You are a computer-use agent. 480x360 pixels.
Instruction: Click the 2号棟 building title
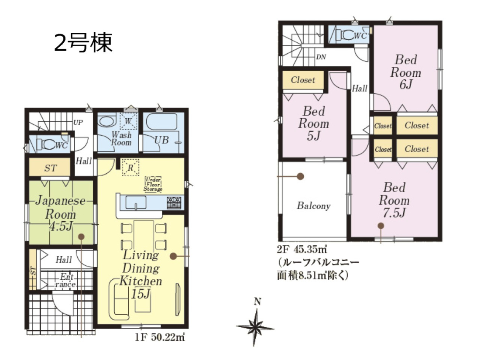83,43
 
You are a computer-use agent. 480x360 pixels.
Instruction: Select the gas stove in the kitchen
174,203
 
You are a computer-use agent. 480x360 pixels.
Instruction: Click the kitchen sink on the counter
136,202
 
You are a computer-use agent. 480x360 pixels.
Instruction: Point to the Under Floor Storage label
153,184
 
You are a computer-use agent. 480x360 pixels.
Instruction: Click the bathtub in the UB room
161,122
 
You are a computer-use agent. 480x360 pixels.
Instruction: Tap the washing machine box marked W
128,122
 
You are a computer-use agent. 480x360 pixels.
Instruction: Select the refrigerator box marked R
130,168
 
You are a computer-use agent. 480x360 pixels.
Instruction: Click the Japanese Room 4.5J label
61,213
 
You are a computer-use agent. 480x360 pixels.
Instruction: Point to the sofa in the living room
119,299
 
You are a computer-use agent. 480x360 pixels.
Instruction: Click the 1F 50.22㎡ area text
159,337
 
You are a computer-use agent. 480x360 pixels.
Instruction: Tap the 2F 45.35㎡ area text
302,250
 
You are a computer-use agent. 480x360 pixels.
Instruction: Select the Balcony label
314,206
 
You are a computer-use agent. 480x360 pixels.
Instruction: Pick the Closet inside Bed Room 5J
303,80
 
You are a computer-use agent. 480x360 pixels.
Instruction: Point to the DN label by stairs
321,57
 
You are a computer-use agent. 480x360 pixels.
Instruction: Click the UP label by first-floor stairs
78,123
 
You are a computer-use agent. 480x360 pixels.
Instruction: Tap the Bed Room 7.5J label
394,200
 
